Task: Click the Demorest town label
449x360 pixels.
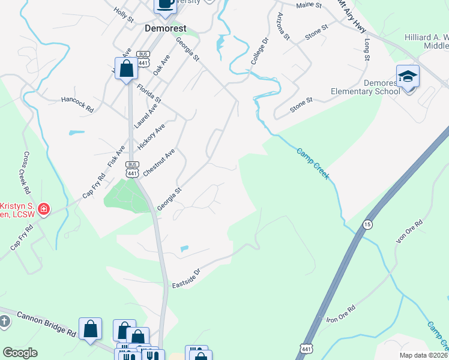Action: point(164,28)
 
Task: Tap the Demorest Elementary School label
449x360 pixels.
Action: point(365,87)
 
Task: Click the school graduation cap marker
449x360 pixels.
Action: point(408,77)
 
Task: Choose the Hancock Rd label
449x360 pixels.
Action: point(77,104)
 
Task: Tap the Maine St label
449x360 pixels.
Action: point(309,5)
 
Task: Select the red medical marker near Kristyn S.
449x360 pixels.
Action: point(44,209)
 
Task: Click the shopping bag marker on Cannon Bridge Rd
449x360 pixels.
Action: point(90,329)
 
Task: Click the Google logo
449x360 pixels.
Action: point(19,353)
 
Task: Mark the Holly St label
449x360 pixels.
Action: point(124,15)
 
